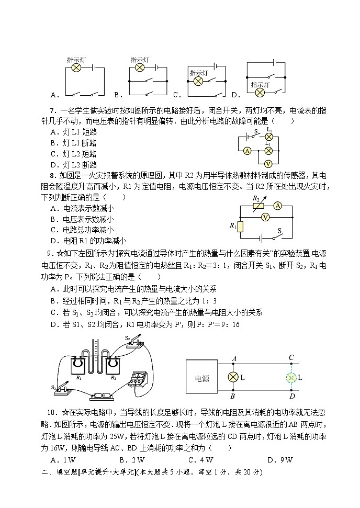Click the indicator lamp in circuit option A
pos(75,68)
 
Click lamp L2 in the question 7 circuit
pos(269,137)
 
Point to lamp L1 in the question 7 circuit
pos(268,150)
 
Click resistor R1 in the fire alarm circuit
pos(240,226)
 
